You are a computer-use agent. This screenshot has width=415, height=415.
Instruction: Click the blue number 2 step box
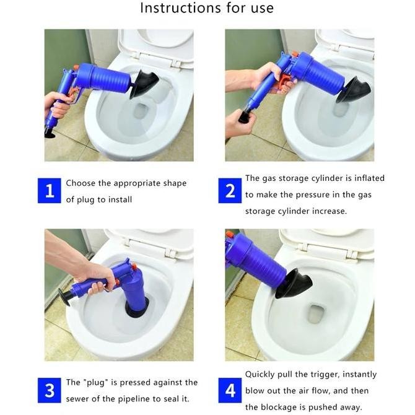coord(230,191)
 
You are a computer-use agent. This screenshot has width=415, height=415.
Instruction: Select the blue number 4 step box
coord(230,391)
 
